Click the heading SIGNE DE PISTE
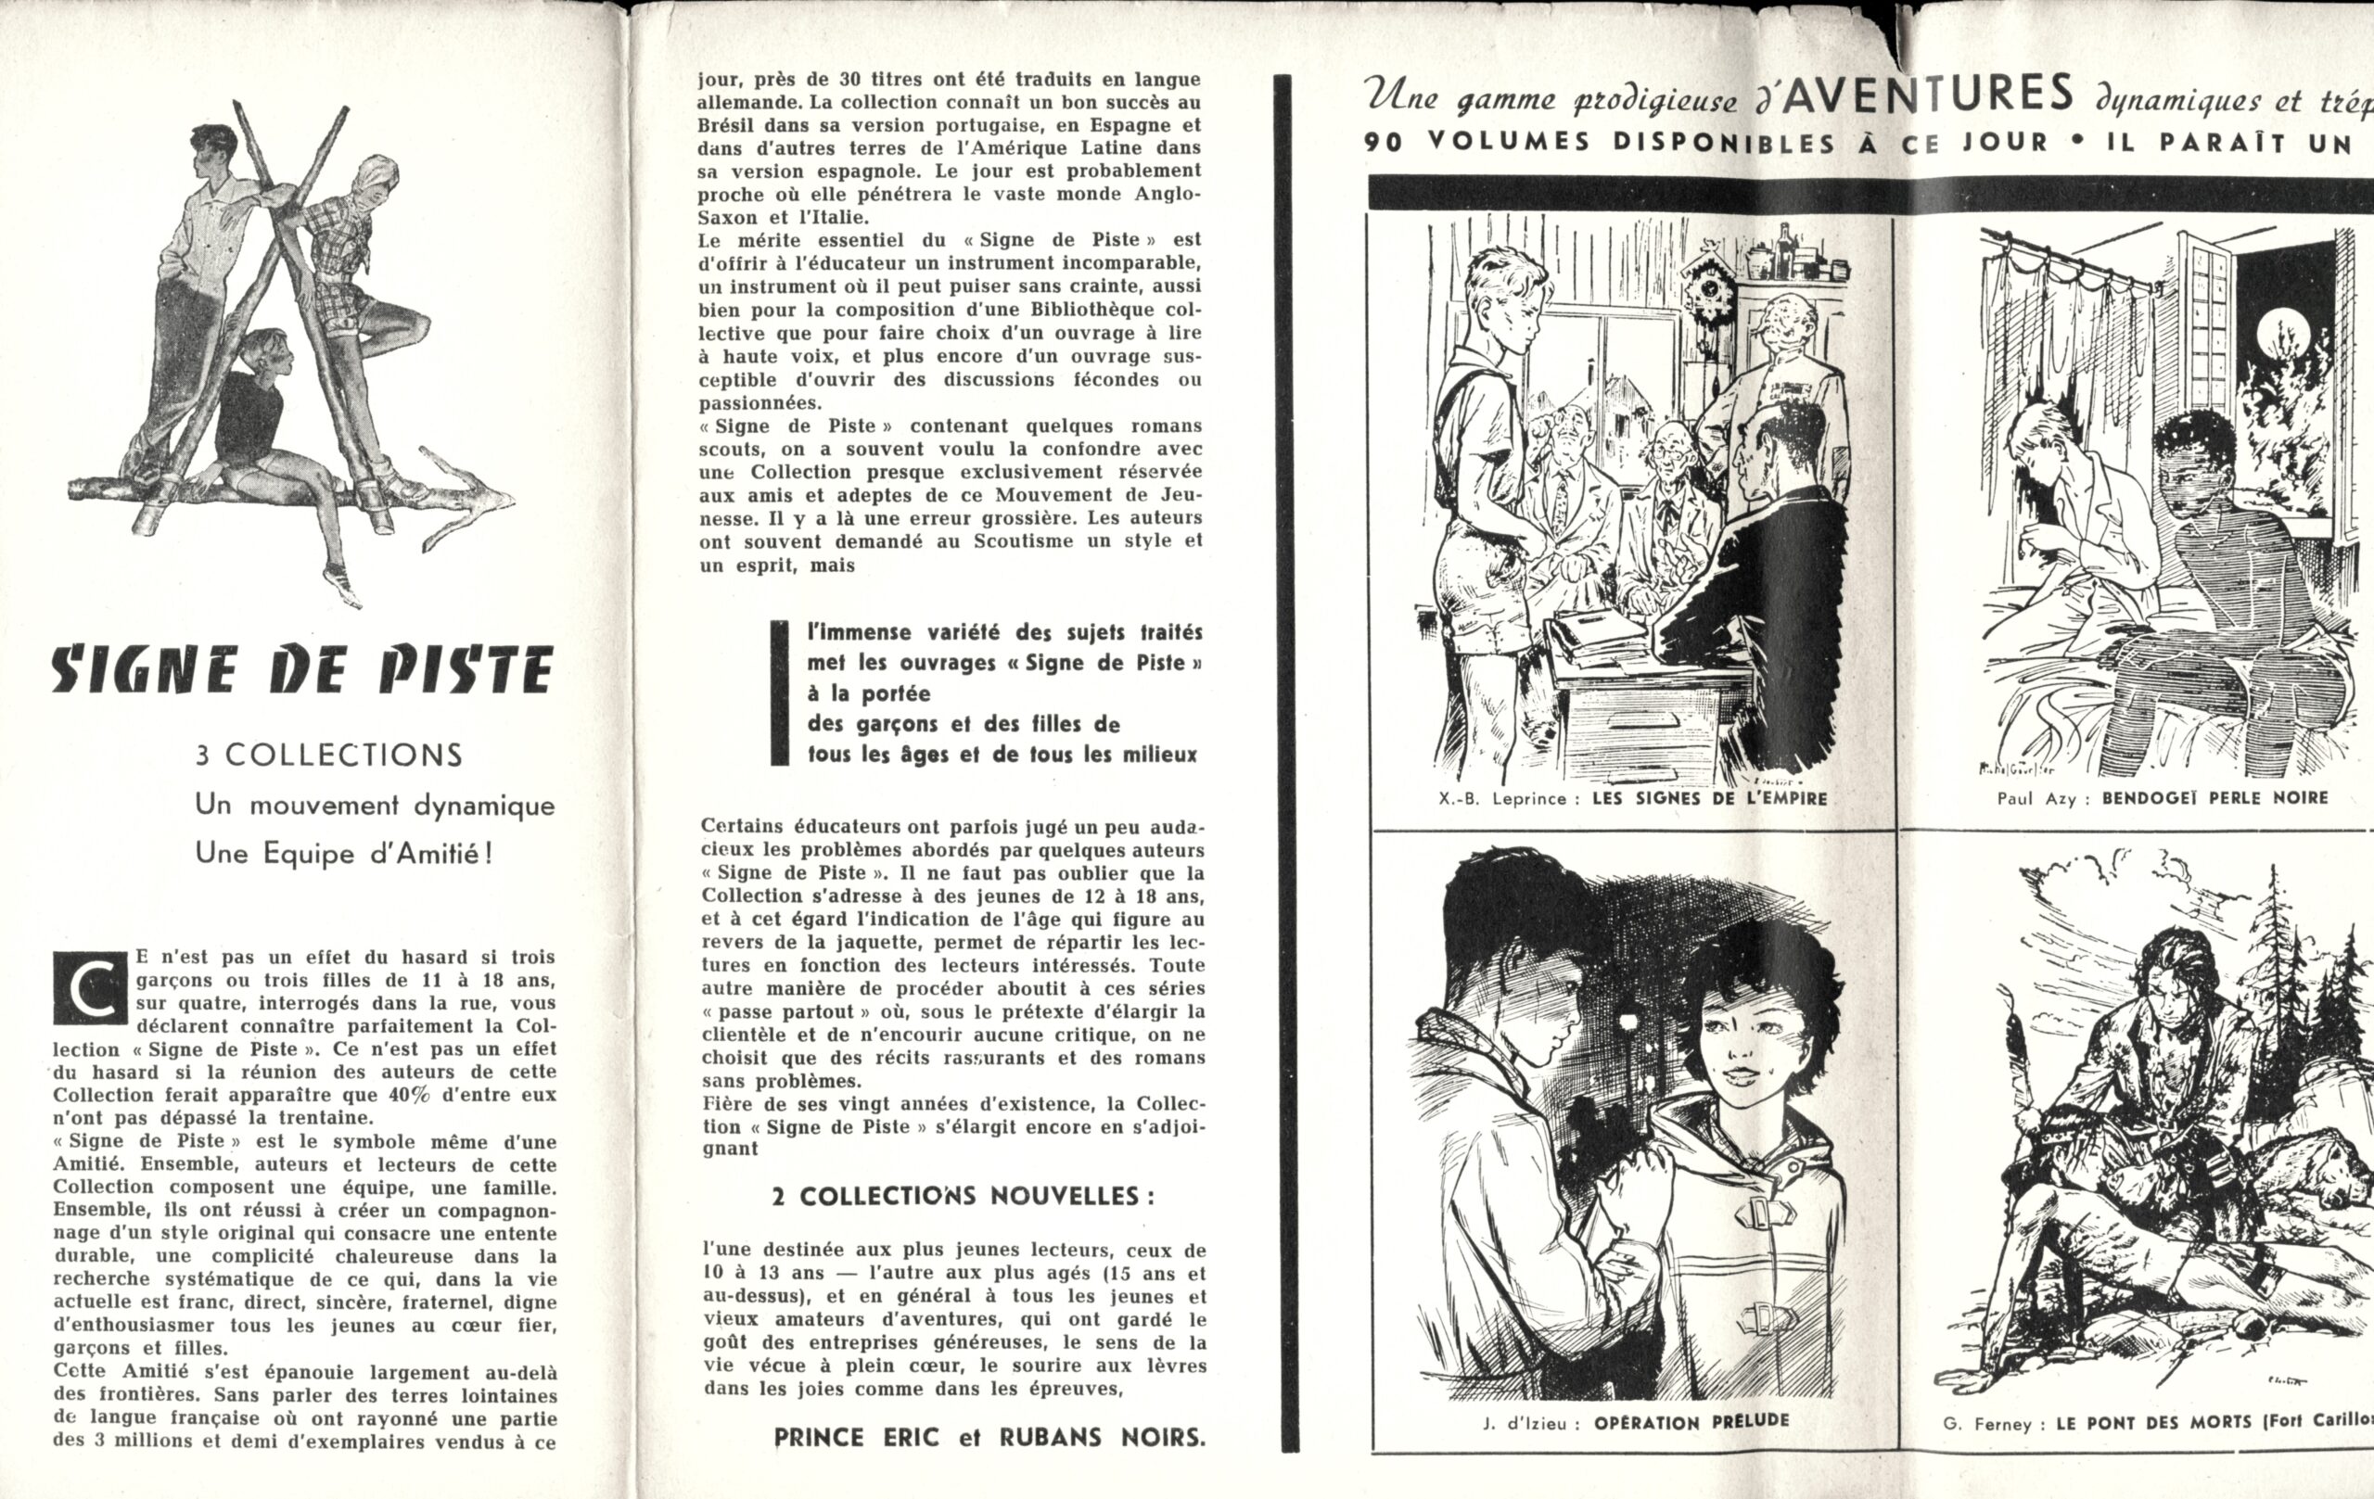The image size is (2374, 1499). pyautogui.click(x=300, y=672)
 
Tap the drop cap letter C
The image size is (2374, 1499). pyautogui.click(x=89, y=988)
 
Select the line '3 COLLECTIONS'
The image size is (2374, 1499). pyautogui.click(x=328, y=756)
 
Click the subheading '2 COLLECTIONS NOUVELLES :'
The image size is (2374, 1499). pyautogui.click(x=963, y=1197)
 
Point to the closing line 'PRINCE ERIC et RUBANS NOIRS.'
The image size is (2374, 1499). pyautogui.click(x=989, y=1437)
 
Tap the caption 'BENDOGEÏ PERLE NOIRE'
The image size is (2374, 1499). pyautogui.click(x=2214, y=798)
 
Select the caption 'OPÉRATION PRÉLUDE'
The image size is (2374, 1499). pyautogui.click(x=1691, y=1421)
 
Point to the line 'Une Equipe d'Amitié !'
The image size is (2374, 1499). pyautogui.click(x=343, y=854)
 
